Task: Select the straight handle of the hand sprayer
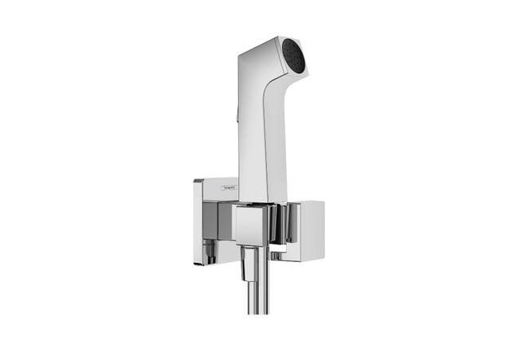[x=259, y=151]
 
